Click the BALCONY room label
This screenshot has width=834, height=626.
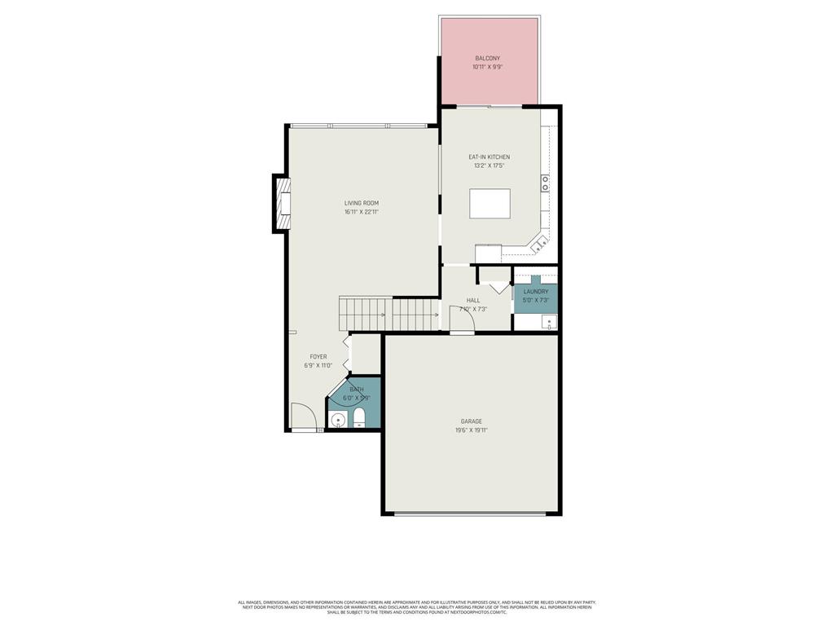point(488,59)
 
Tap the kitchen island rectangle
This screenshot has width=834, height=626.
point(489,204)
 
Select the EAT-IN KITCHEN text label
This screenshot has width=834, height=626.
point(489,156)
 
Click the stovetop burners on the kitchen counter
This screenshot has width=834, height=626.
point(545,183)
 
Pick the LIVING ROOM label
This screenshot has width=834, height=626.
point(361,203)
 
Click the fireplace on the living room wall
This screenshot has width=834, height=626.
point(282,204)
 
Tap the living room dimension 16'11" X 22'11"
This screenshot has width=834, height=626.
point(361,212)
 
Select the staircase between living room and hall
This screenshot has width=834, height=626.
point(389,314)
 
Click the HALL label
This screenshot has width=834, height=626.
point(473,300)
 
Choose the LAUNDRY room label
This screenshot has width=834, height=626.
point(535,291)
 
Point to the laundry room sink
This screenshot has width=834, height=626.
point(549,321)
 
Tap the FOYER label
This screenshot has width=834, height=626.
point(318,356)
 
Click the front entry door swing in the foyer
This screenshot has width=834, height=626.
point(303,417)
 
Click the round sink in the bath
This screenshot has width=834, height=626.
point(339,421)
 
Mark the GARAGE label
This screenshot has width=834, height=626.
point(471,421)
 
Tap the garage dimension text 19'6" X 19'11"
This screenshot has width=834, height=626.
point(471,430)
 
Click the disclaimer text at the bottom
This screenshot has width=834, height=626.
point(416,607)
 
